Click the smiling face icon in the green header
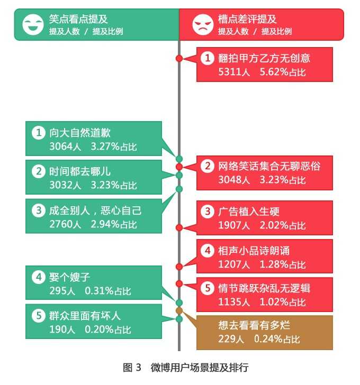click(33, 24)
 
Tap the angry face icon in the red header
click(202, 24)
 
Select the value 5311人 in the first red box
click(234, 72)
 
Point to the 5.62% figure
click(274, 72)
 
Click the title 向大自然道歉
click(80, 133)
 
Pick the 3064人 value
click(65, 146)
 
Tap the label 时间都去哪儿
click(80, 171)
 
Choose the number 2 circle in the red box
click(208, 166)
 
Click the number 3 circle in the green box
click(39, 210)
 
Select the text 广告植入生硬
click(249, 212)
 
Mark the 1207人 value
click(234, 264)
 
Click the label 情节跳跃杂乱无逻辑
click(264, 288)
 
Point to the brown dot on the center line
click(179, 310)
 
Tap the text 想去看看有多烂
click(254, 325)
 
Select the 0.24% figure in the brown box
click(268, 339)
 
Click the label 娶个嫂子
click(69, 277)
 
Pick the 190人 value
click(62, 329)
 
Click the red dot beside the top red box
click(179, 58)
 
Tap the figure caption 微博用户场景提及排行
click(200, 368)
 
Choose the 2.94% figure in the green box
click(105, 224)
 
